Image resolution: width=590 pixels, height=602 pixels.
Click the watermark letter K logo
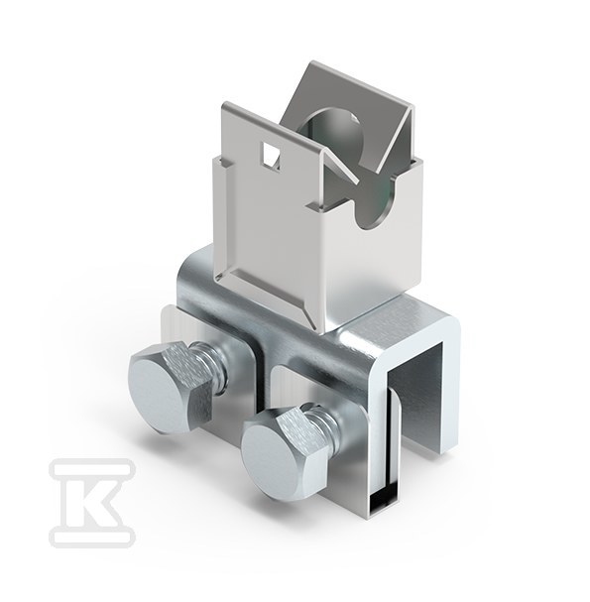(92, 502)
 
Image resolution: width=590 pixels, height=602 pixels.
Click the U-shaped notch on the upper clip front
(374, 203)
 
